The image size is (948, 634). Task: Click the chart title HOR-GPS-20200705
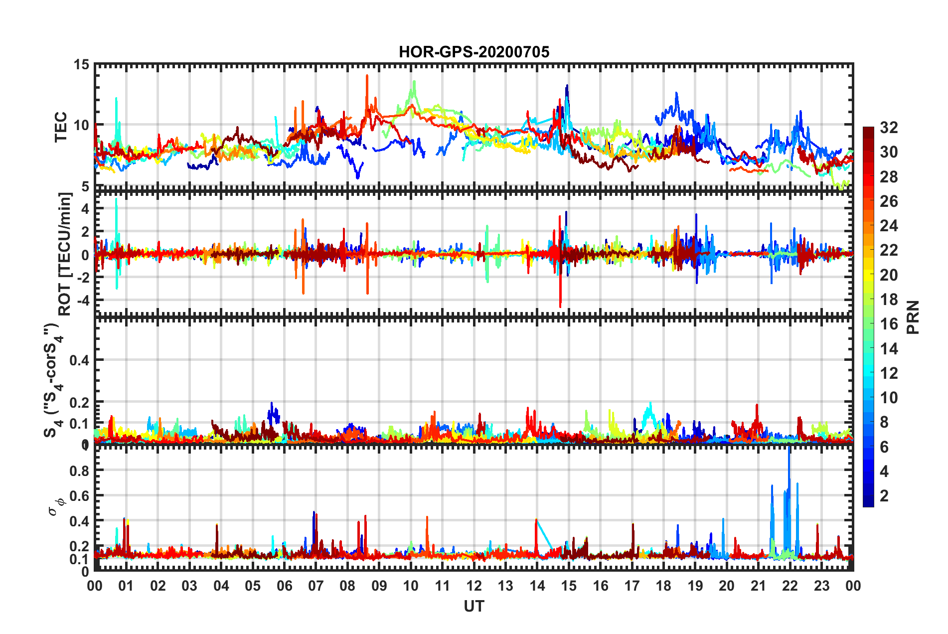474,52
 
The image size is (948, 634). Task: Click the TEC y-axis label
61,127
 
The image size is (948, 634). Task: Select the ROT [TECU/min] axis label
65,254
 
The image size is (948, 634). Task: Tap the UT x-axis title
474,606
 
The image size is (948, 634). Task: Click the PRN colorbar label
913,317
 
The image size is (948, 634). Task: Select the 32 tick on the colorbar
888,128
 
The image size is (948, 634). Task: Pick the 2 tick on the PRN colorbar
884,495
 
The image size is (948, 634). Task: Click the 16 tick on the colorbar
888,324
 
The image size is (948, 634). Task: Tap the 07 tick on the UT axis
316,586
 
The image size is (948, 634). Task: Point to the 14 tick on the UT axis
537,586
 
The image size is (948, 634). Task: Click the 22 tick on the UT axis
790,586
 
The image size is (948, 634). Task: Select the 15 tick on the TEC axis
81,64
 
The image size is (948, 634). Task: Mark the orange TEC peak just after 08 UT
367,76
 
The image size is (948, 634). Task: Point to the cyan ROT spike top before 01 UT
116,199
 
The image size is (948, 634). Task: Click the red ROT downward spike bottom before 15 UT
560,307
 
